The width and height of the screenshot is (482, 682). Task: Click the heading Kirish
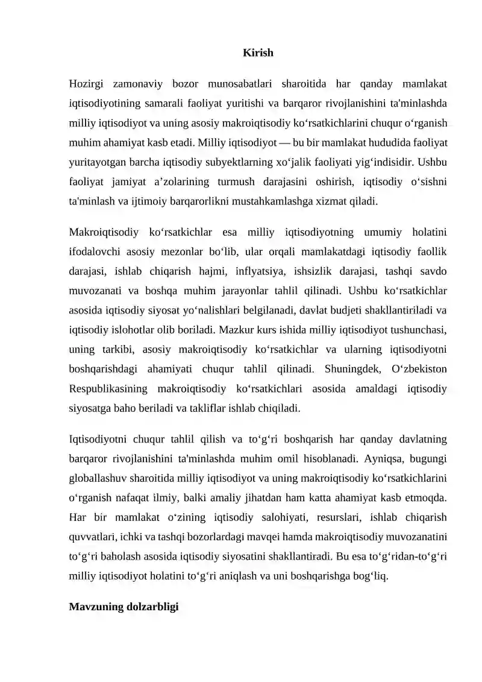click(x=258, y=53)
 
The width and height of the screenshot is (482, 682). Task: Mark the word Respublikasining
click(x=107, y=389)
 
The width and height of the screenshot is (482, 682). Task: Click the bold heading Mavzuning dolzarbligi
click(x=124, y=606)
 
